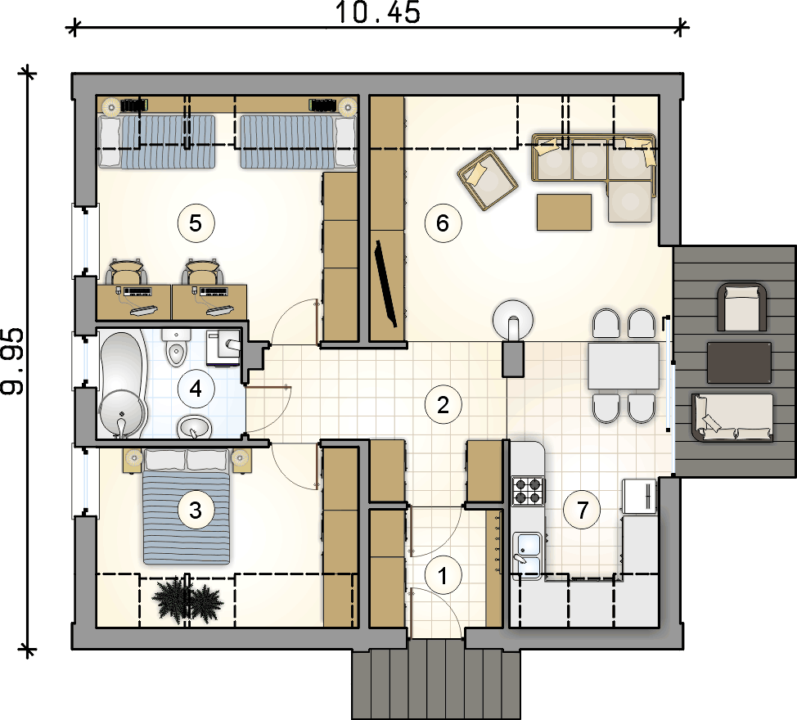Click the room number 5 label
pos(196,223)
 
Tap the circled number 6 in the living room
pos(443,223)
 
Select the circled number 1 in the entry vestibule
pos(443,576)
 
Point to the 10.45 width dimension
pos(378,13)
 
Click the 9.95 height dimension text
pos(12,362)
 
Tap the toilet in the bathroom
pos(176,348)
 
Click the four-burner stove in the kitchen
pos(528,491)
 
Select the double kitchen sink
pos(528,556)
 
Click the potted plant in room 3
pos(187,601)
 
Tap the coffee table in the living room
pos(565,212)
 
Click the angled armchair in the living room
pos(488,179)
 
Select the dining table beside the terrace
pos(624,366)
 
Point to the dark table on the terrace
pos(739,362)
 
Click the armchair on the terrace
pos(741,308)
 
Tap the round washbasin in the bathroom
pos(194,427)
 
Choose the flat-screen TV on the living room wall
pos(385,284)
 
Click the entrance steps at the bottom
pos(436,679)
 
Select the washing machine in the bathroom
pos(223,347)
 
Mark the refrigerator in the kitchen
pos(639,497)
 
